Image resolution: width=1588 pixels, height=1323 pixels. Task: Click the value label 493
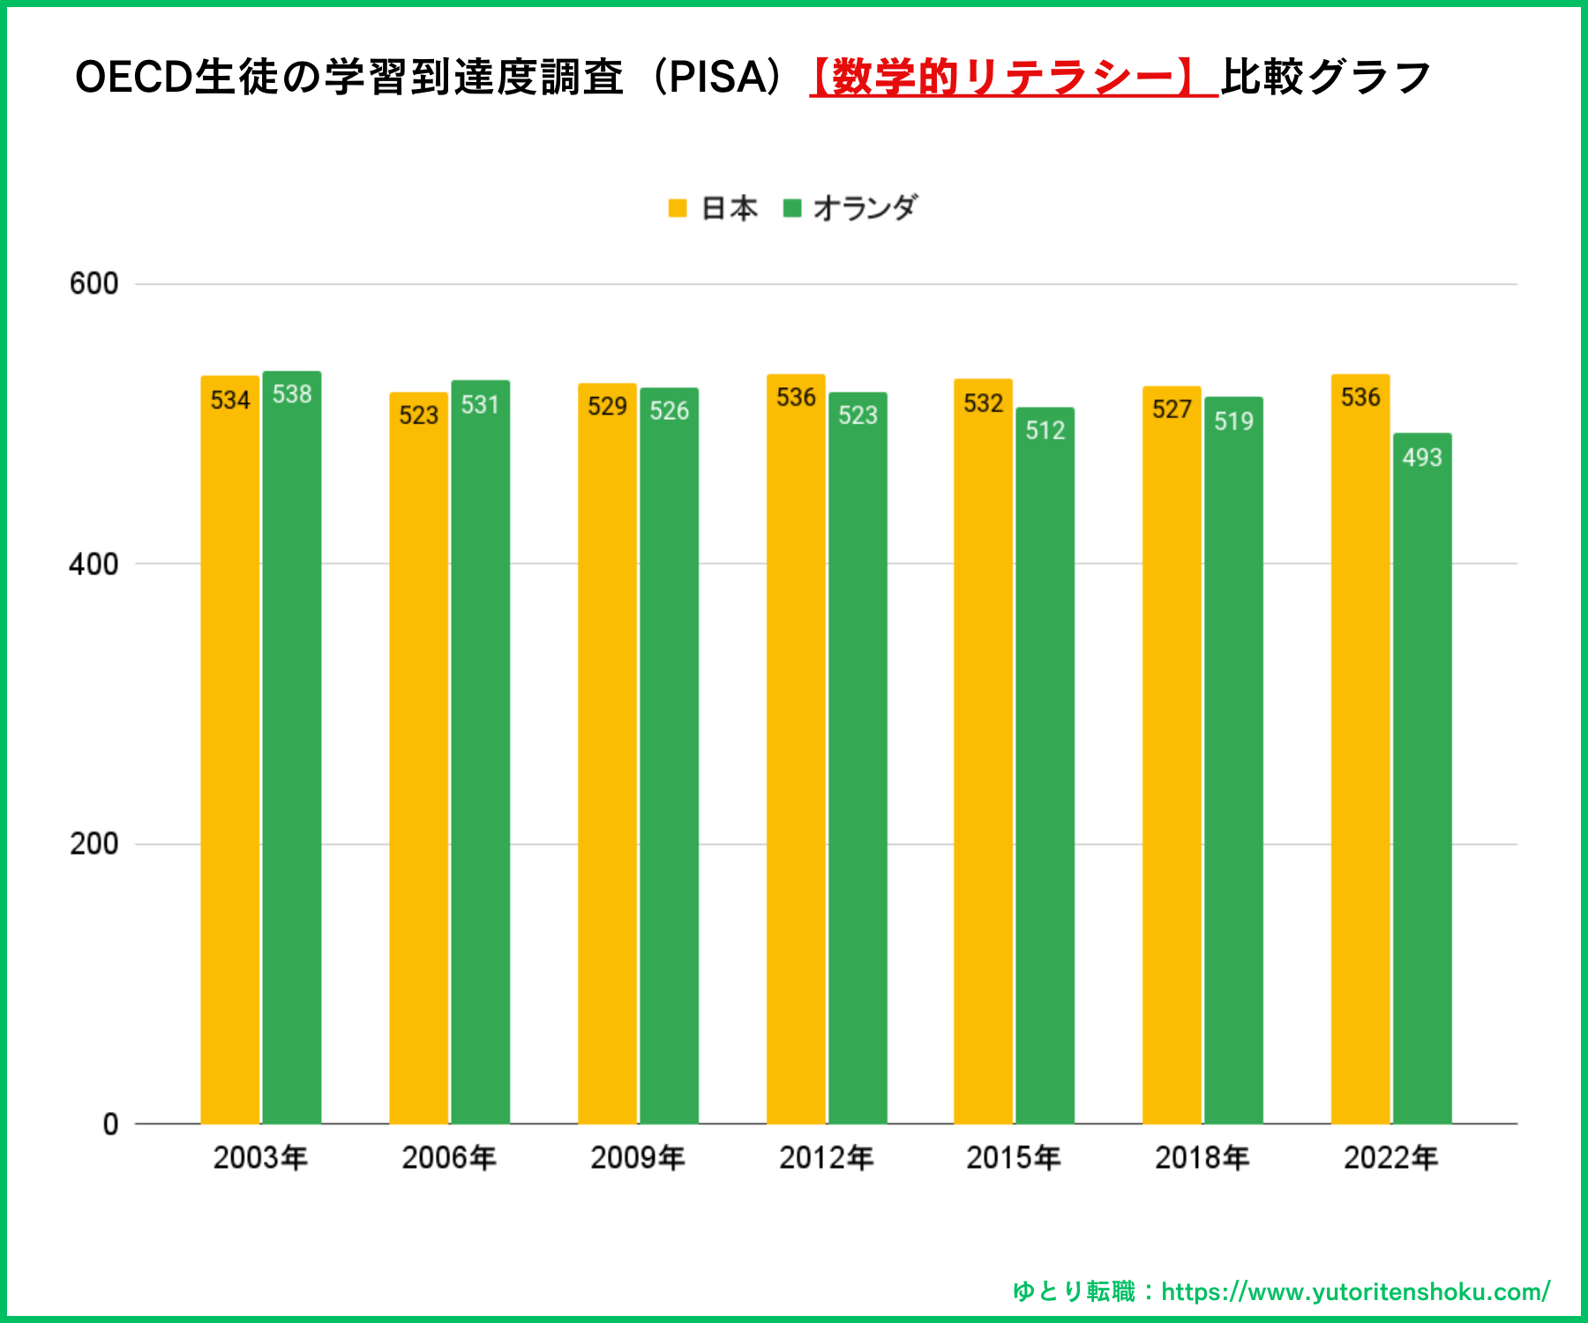1422,457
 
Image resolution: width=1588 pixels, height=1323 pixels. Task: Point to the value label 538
292,393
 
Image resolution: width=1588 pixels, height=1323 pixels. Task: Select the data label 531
480,404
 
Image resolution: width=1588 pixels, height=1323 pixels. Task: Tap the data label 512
1045,430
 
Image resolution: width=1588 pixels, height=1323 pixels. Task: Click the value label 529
607,406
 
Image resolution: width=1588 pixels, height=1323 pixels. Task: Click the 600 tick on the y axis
94,284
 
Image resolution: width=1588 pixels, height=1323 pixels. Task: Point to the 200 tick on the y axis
94,844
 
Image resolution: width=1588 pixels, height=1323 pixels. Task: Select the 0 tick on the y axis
110,1124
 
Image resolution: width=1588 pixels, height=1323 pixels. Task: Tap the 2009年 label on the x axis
637,1157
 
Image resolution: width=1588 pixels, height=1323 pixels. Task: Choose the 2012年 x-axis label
826,1157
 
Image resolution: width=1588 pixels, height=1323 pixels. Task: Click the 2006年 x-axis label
448,1157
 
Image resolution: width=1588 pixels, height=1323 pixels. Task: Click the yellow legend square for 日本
678,208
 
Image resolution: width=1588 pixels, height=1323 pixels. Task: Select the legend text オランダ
865,208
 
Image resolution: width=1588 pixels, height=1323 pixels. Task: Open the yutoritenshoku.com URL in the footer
1355,1291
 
